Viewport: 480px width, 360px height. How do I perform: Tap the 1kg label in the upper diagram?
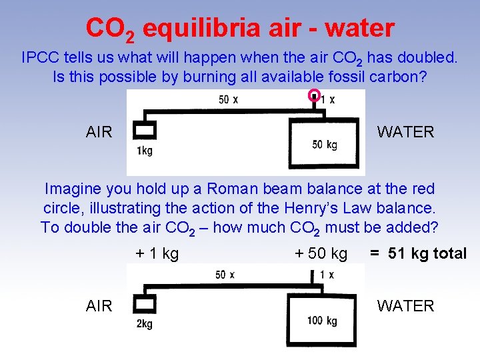click(144, 151)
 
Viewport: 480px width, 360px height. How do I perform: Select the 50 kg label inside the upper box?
click(325, 145)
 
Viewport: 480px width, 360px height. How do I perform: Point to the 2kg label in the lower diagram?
click(144, 324)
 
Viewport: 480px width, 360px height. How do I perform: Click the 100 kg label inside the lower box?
click(322, 321)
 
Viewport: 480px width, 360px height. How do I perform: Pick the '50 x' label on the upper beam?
click(228, 100)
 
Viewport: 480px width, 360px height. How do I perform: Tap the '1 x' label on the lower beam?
click(326, 275)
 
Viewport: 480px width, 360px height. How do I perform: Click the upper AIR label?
click(99, 132)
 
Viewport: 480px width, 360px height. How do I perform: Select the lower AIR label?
click(99, 306)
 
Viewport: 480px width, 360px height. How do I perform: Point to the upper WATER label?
click(405, 132)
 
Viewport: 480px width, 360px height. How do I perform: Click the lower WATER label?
click(405, 306)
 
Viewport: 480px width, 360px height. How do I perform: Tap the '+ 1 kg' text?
click(157, 254)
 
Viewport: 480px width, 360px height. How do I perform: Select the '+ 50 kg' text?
click(321, 254)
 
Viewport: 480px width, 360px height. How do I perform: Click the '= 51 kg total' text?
click(419, 254)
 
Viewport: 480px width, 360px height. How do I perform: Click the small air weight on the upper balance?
click(144, 129)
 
